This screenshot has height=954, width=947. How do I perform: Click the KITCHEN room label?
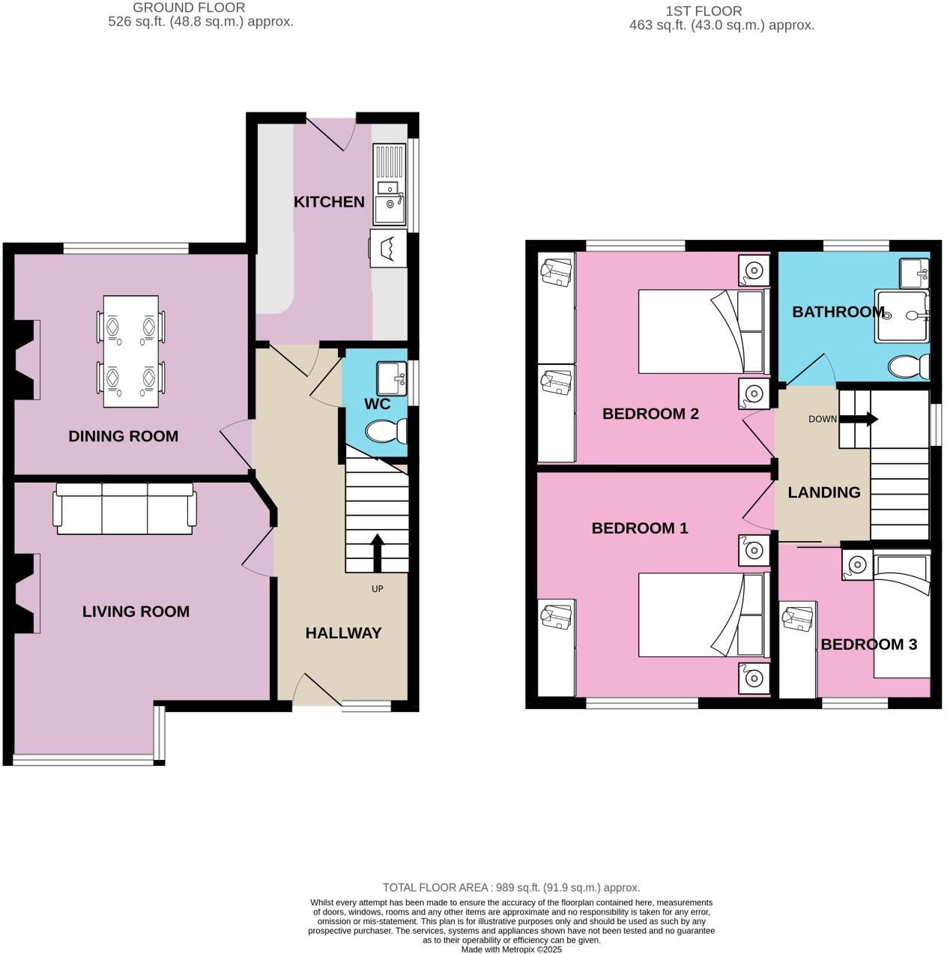(329, 202)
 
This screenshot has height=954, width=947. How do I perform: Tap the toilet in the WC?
(387, 432)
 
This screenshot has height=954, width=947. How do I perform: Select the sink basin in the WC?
(391, 378)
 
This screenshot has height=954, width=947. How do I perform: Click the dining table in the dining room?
(131, 351)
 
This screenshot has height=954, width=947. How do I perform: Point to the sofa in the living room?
(124, 509)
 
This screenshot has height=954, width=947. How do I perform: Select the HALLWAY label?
(343, 633)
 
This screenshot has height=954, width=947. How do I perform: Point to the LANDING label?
(823, 492)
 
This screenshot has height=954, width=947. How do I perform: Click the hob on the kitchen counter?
(389, 248)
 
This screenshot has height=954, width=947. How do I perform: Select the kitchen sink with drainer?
(390, 184)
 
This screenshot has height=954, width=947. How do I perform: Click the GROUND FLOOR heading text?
(189, 8)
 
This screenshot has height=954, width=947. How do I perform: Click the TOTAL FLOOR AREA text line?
(511, 887)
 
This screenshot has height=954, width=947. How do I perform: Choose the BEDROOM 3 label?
(868, 644)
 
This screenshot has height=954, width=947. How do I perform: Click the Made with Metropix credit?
(511, 949)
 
